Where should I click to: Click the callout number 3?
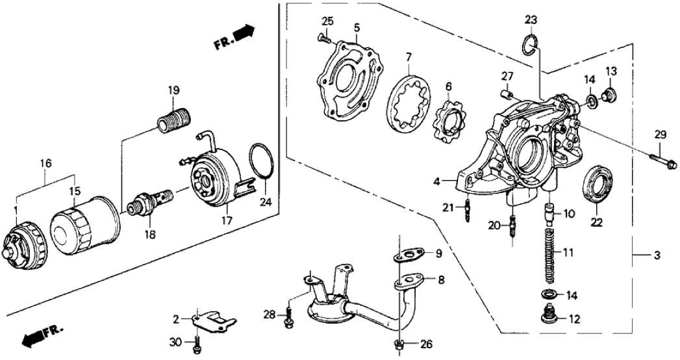point(657,255)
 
